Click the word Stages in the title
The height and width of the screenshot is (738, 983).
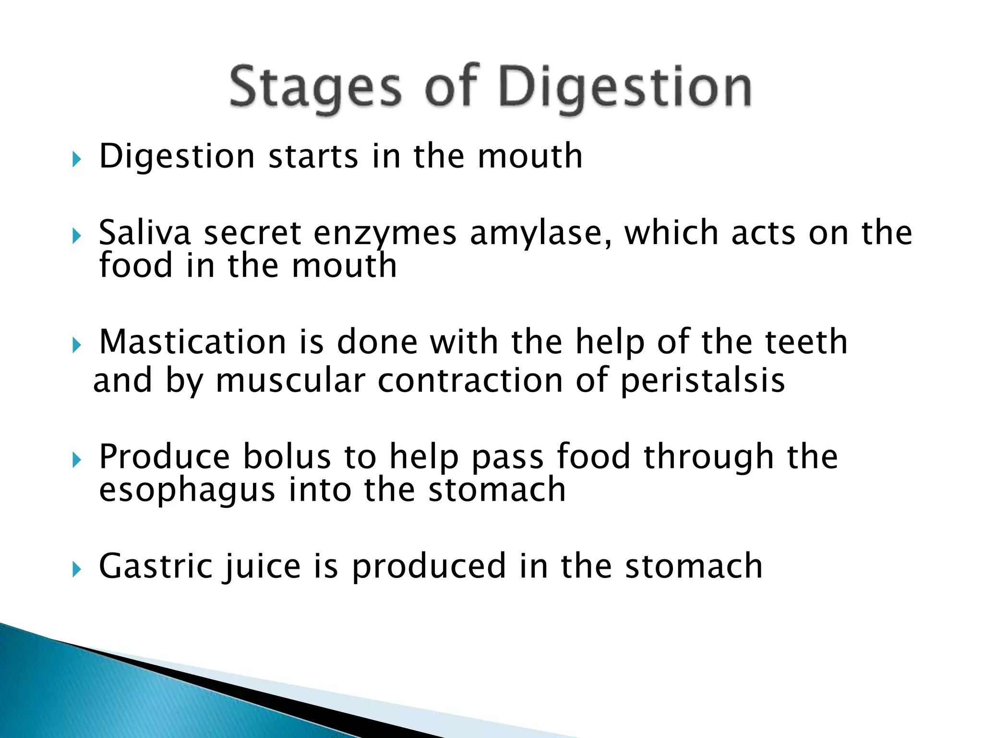pos(315,88)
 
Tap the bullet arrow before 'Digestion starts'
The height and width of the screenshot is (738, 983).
pos(76,160)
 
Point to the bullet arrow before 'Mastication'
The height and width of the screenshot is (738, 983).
pos(76,344)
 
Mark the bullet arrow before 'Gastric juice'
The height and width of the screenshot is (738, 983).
pos(76,569)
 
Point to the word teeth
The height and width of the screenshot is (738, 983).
pos(806,342)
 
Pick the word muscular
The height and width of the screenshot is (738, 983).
pos(290,381)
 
